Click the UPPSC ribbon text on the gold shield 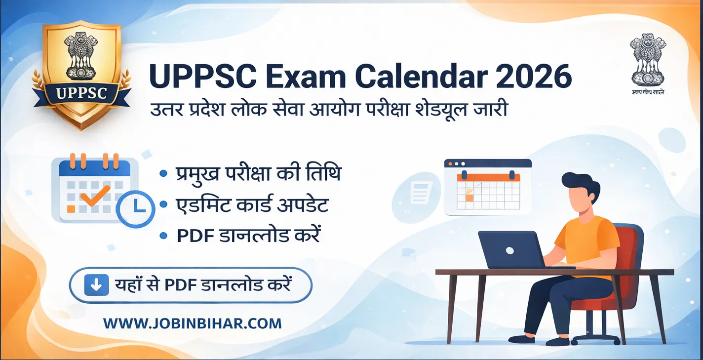point(81,93)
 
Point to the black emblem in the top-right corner point(647,60)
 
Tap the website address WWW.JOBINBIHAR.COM point(193,323)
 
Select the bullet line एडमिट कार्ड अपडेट point(252,205)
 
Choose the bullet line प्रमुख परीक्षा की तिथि point(258,174)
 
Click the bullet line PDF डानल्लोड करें point(248,236)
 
